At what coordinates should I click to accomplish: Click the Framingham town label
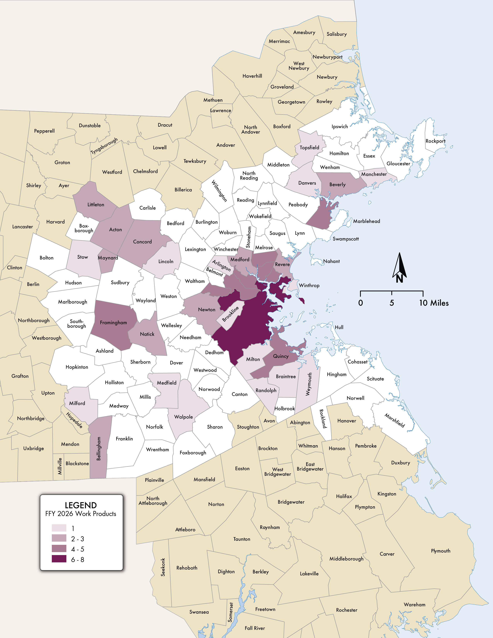pos(113,322)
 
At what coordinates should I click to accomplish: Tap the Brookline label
pos(230,314)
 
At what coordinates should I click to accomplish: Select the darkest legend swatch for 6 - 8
pos(59,559)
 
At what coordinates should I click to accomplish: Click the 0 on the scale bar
pos(361,303)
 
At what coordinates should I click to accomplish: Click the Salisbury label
pos(336,34)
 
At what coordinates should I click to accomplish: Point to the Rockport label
pos(435,141)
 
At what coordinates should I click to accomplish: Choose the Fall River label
pos(255,628)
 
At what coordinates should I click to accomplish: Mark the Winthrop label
pos(309,285)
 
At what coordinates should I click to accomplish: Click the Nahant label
pos(331,261)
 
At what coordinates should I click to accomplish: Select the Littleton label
pos(96,205)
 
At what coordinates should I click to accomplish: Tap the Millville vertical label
pos(60,466)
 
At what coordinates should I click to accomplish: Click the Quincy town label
pos(281,356)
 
